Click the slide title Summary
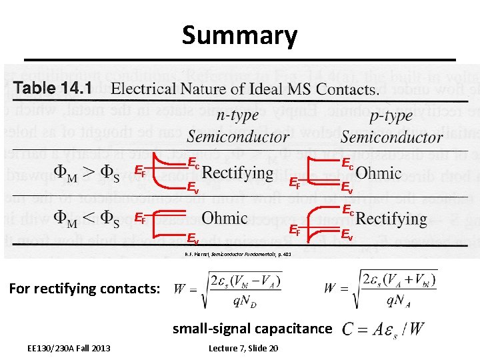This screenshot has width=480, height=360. coord(239,35)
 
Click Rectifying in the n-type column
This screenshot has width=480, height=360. coord(237,174)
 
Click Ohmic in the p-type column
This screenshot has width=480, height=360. coord(379,173)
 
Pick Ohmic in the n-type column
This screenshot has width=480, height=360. coord(224,218)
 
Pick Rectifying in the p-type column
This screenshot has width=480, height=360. coord(391,218)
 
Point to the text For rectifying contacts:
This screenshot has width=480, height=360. coord(85,289)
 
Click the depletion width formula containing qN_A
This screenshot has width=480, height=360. coord(381,288)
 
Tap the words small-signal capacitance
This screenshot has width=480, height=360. coord(252,328)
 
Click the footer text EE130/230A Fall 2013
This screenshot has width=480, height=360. coord(69,348)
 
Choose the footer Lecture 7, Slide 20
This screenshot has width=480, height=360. coord(243,348)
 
